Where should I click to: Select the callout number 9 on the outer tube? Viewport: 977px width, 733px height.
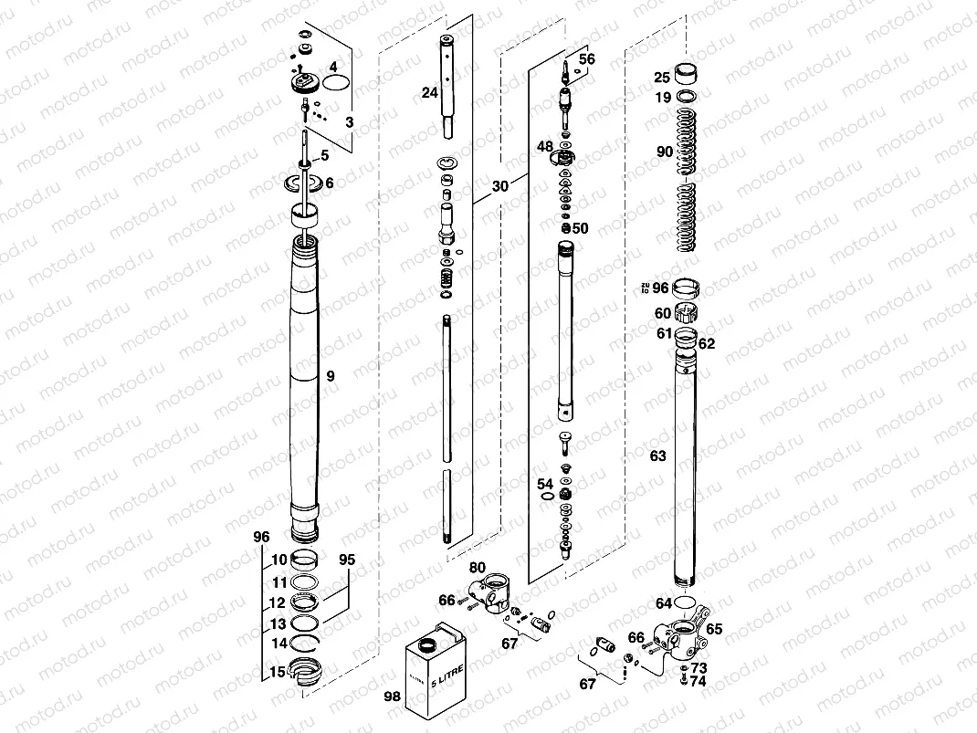point(331,375)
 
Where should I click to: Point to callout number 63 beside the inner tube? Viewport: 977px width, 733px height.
point(657,455)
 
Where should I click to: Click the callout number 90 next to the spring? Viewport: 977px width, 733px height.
point(664,152)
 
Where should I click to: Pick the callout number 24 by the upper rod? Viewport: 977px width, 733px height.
point(429,92)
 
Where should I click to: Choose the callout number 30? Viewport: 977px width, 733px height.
point(499,185)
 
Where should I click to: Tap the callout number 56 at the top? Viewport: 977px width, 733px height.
point(586,59)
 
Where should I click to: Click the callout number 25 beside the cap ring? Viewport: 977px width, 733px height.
point(662,78)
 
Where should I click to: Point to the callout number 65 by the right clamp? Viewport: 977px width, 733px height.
point(714,629)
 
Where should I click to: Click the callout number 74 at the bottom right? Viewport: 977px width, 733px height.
point(698,681)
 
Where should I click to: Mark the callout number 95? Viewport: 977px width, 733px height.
point(346,559)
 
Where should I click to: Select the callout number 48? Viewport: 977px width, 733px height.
point(544,147)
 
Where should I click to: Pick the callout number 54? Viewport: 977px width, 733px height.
point(544,484)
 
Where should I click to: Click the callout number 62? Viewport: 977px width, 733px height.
point(707,344)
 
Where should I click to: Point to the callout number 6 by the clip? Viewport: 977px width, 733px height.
point(329,183)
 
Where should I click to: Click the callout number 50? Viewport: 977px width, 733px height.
point(581,227)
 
